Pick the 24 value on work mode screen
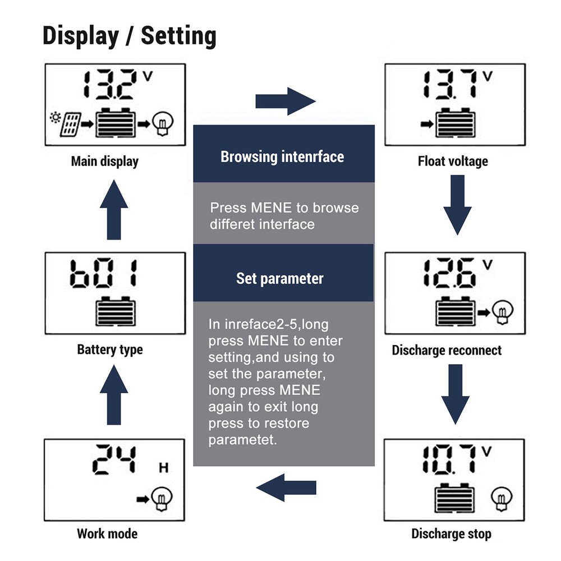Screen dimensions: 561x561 pos(115,459)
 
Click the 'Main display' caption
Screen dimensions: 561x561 pos(104,162)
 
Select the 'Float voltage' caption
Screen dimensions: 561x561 pos(453,162)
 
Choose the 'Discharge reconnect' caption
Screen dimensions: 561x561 pos(447,351)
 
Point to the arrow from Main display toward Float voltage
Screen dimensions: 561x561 pos(286,102)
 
